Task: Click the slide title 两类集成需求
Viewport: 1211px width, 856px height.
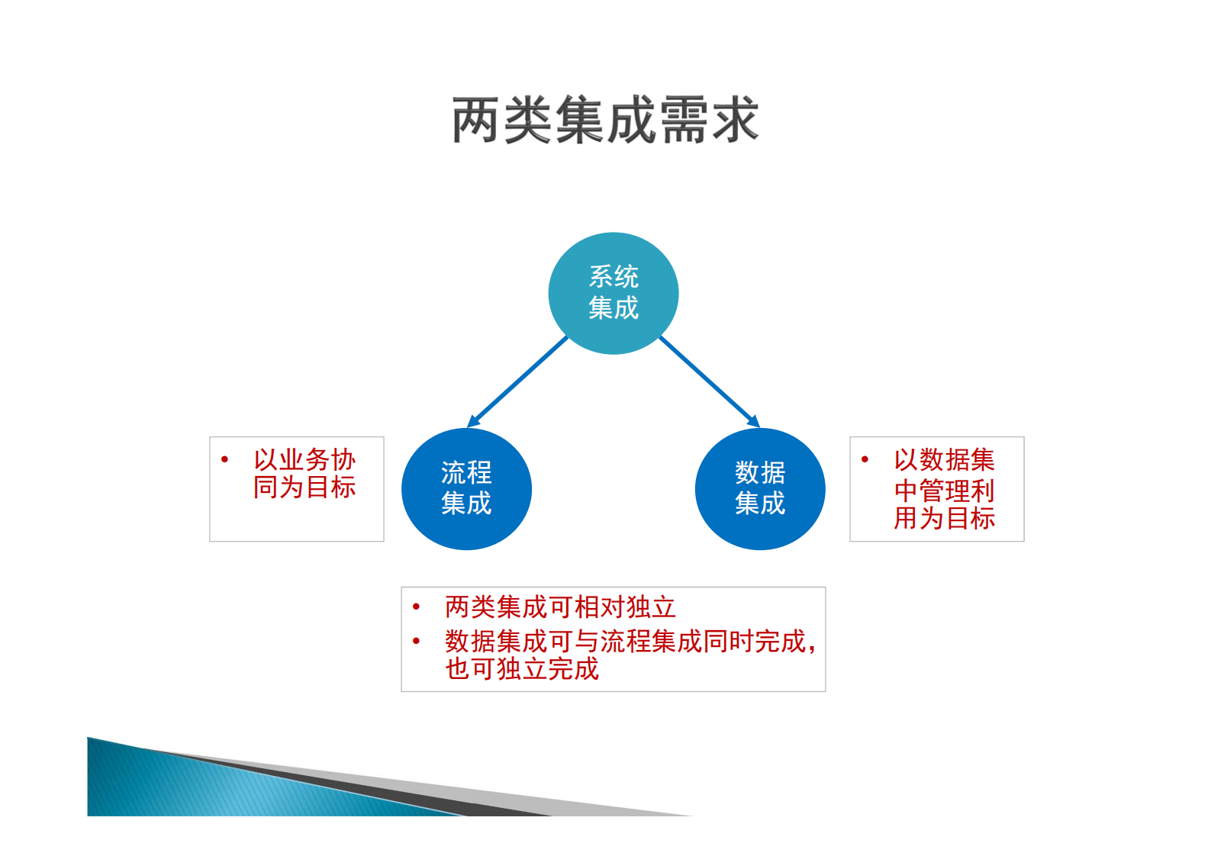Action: coord(605,120)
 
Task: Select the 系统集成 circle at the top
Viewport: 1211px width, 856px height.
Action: coord(614,293)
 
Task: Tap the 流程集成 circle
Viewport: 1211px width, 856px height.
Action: coord(466,489)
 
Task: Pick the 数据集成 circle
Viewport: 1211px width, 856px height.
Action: coord(760,489)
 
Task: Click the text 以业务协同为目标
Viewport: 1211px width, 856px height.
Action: coord(304,474)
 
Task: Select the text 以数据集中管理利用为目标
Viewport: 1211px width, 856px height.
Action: coord(944,489)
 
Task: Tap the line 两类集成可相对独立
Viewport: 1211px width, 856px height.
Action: coord(560,607)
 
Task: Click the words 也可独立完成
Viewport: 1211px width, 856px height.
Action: coord(522,669)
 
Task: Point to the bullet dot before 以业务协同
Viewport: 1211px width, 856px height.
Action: coord(224,459)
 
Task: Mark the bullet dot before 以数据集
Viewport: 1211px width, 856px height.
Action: coord(865,459)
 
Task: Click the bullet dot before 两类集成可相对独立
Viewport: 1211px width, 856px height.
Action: coord(416,607)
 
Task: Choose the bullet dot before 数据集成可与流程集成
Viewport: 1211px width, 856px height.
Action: coord(416,641)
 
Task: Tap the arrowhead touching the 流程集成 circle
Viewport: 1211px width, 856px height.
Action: coord(473,421)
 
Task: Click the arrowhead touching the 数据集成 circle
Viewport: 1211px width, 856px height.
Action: coord(754,421)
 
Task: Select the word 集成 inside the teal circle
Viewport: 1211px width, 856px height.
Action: coord(614,308)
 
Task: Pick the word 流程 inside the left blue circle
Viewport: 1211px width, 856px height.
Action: coord(466,473)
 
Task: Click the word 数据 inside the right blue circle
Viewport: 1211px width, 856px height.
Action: coord(760,473)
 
